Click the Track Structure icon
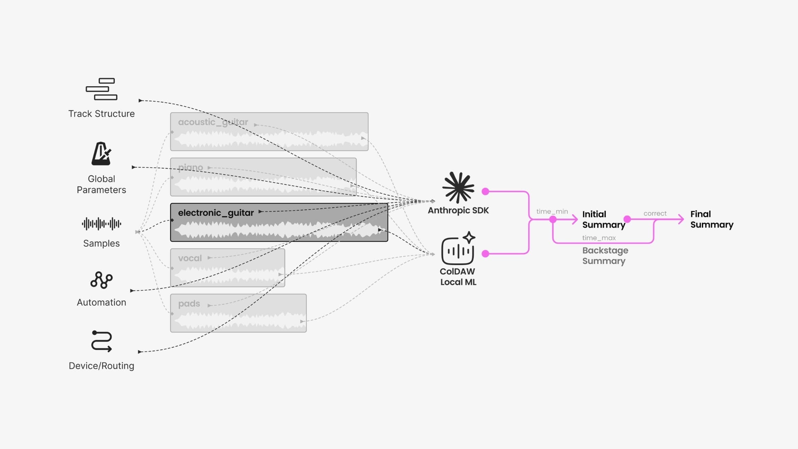(x=101, y=89)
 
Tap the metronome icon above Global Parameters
(x=101, y=153)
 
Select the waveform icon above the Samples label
(x=101, y=224)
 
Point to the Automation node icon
(x=101, y=280)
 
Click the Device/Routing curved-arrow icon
(x=101, y=341)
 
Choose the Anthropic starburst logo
(x=458, y=187)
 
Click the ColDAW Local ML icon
(x=458, y=248)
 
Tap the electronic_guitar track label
(x=216, y=213)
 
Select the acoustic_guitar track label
(x=213, y=122)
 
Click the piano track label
(x=190, y=168)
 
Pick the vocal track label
(x=190, y=258)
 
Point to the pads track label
(x=189, y=304)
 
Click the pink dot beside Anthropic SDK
(x=486, y=191)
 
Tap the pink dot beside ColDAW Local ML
(x=486, y=254)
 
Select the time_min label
(x=552, y=211)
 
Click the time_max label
(x=599, y=238)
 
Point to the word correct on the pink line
(x=655, y=213)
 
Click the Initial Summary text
(x=604, y=219)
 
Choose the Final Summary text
(x=712, y=219)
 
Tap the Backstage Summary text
(x=605, y=256)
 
